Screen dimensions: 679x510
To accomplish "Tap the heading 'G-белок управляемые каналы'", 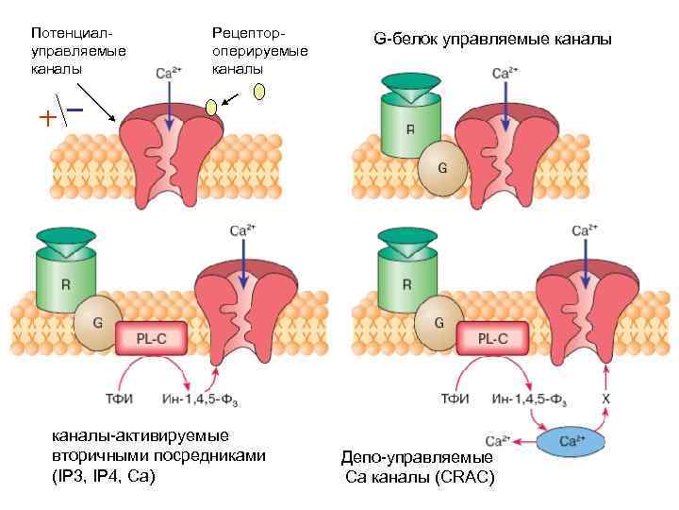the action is (492, 40).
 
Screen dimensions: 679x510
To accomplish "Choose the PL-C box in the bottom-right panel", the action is (491, 338).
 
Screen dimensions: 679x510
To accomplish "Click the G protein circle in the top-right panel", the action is (440, 168).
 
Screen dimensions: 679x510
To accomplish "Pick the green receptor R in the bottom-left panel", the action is (65, 283).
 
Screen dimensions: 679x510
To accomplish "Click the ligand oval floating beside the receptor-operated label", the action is (259, 92).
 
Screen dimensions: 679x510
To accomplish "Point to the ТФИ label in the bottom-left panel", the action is (118, 399).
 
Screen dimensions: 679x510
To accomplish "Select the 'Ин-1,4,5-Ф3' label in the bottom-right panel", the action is (529, 399).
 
